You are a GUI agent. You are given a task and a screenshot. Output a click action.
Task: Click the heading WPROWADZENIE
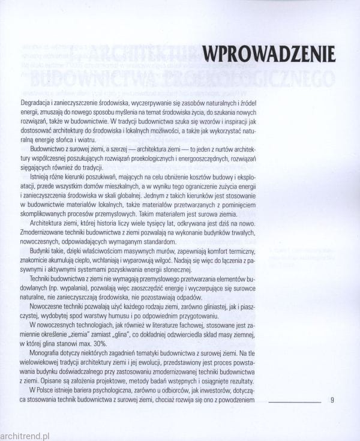pos(268,54)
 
